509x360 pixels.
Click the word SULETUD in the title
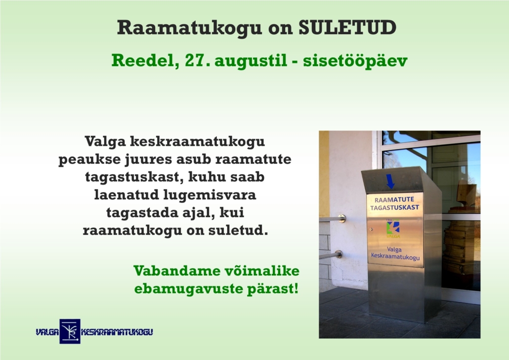347,27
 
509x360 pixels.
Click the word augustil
251,62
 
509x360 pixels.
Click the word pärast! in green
273,288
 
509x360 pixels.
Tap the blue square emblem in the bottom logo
70,331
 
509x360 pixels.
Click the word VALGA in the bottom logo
47,332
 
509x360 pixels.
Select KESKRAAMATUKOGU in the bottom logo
117,332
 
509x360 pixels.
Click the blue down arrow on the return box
390,181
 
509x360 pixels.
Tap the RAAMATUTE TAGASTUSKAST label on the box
394,204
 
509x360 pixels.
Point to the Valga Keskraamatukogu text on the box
395,253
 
